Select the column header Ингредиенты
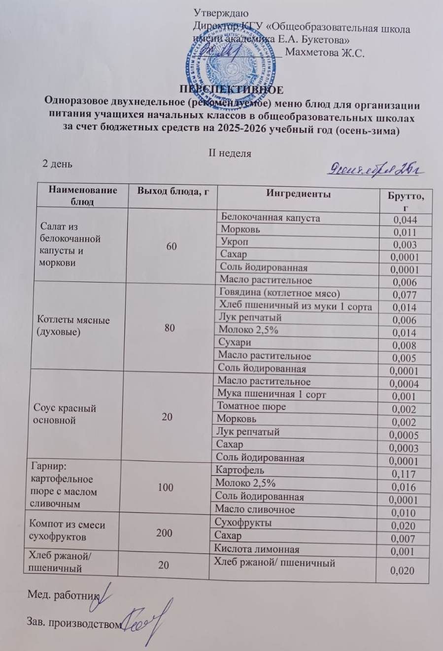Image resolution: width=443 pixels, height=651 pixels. tap(298, 194)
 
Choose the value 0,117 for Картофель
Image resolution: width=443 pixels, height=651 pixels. tap(404, 474)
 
